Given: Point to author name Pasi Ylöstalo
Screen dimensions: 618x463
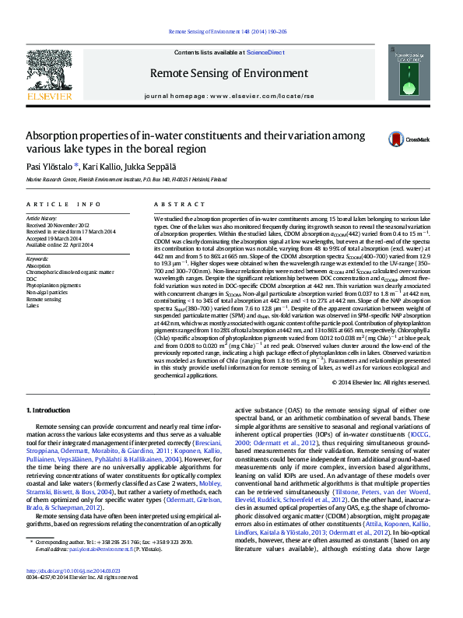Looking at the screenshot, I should tap(53, 167).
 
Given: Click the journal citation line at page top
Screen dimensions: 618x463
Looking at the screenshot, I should tap(231, 32).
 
